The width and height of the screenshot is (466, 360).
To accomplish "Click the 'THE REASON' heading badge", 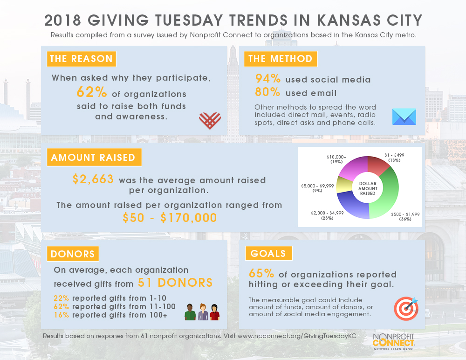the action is [82, 59].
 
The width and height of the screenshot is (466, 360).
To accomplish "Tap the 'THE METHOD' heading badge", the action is [281, 59].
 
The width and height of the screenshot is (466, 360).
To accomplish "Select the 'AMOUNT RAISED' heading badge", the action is [94, 157].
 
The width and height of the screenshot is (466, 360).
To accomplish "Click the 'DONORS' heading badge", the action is [73, 254].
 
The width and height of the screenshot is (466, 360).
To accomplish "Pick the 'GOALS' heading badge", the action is [269, 253].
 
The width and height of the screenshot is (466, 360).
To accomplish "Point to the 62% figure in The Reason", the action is [91, 92].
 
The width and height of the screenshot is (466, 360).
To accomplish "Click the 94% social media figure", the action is [268, 78].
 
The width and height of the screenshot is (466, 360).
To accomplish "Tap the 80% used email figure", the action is [267, 92].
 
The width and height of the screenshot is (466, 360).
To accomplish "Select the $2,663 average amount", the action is [93, 179].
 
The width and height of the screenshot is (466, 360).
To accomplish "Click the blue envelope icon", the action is [404, 117].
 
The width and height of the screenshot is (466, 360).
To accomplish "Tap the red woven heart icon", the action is [210, 120].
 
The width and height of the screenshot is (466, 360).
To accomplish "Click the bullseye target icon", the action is [406, 309].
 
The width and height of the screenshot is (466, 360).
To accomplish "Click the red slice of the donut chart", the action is [377, 165].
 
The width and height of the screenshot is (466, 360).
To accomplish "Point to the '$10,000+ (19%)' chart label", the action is [336, 159].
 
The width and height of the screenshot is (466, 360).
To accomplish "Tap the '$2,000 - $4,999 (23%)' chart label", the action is [327, 215].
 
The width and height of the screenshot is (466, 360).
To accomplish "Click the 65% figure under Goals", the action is [261, 273].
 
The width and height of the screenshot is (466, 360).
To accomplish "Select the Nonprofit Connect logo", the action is [393, 341].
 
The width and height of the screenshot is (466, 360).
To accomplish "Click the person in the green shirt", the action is [190, 312].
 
